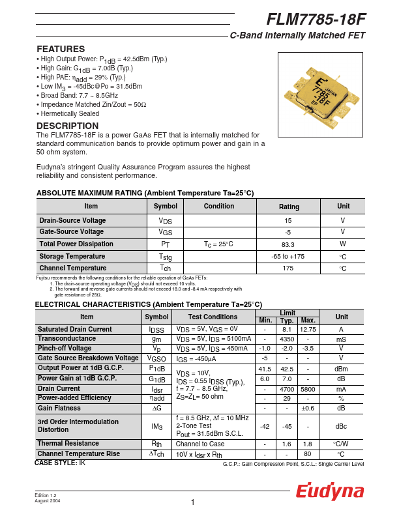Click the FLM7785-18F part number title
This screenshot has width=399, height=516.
point(316,20)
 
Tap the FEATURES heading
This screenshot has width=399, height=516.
point(61,50)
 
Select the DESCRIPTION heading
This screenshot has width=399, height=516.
point(68,126)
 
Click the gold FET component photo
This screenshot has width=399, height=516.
point(320,94)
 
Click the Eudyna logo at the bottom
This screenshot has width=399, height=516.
point(331,492)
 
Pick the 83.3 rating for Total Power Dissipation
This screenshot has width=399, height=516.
point(288,244)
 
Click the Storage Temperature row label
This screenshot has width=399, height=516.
point(72,256)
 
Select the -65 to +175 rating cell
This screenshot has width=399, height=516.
point(288,256)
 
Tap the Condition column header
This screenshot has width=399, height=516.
point(219,207)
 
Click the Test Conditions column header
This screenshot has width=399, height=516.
point(213,317)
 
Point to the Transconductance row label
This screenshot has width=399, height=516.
point(66,339)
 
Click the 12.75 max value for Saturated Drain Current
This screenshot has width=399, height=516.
point(308,330)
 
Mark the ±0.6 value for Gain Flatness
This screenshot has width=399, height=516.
point(308,408)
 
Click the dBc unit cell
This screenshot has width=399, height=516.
point(341,426)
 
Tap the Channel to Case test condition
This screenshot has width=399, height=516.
point(199,444)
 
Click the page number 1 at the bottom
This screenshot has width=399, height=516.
point(194,502)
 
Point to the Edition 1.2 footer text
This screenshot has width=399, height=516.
point(47,495)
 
